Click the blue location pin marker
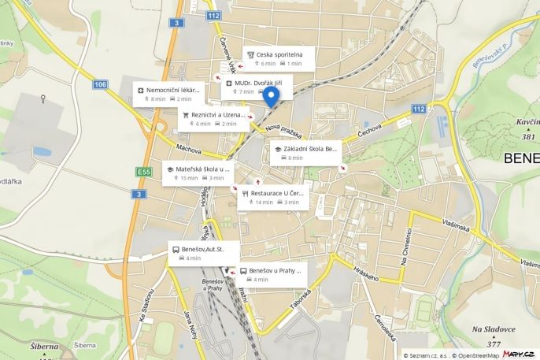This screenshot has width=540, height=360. [x=271, y=98]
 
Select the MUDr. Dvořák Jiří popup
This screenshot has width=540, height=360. [x=257, y=87]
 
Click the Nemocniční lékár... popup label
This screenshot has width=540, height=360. [x=167, y=94]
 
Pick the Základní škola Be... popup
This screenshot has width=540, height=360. [x=307, y=153]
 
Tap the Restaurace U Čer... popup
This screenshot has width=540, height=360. [x=272, y=197]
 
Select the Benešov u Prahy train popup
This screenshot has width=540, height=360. [x=271, y=274]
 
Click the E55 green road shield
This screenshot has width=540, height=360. [x=142, y=172]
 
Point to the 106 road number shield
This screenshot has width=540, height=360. [x=99, y=84]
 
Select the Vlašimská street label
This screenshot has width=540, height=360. [x=456, y=224]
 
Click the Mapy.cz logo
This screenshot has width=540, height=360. [x=520, y=354]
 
